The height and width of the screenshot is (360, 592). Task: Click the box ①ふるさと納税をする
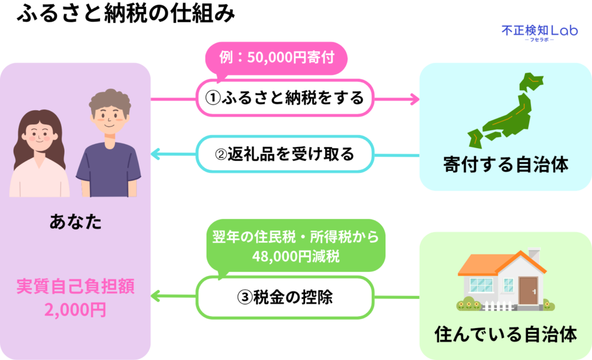(284, 98)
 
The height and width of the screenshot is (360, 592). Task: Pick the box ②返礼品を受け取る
(284, 155)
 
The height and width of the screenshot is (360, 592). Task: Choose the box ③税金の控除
(284, 297)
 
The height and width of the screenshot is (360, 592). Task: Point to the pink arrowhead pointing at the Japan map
(415, 98)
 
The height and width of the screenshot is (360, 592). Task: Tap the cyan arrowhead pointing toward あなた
(156, 155)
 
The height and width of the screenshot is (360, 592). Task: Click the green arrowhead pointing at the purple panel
(156, 297)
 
